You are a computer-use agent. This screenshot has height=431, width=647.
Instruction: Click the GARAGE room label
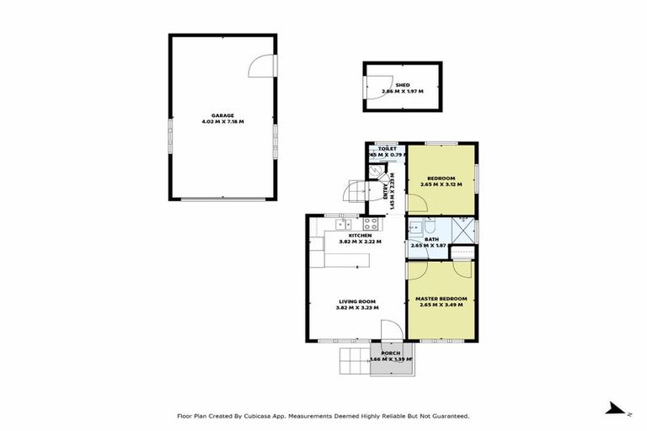pyautogui.click(x=222, y=115)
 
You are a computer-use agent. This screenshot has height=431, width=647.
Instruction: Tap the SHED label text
pyautogui.click(x=402, y=85)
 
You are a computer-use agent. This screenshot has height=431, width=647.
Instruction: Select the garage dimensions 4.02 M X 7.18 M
pyautogui.click(x=222, y=122)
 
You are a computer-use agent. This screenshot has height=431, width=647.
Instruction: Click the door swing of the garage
pyautogui.click(x=264, y=65)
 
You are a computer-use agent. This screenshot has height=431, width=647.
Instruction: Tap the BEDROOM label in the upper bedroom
pyautogui.click(x=441, y=178)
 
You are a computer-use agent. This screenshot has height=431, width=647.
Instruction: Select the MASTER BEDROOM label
pyautogui.click(x=441, y=298)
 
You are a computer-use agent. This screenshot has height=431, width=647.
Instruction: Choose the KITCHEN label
pyautogui.click(x=348, y=235)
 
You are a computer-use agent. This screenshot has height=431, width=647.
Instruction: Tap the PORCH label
pyautogui.click(x=390, y=353)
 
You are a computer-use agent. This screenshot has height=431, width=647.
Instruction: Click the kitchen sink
pyautogui.click(x=343, y=225)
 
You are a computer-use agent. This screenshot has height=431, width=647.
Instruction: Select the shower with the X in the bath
pyautogui.click(x=463, y=230)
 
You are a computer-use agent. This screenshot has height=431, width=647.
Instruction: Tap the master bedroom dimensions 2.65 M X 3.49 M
pyautogui.click(x=441, y=305)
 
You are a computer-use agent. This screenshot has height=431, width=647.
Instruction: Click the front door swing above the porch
pyautogui.click(x=389, y=332)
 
